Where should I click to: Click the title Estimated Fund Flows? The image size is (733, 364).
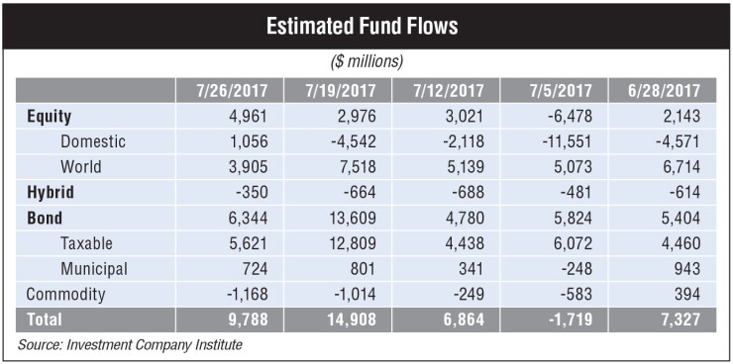[x=366, y=26]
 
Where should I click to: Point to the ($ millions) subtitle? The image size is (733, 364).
[x=366, y=61]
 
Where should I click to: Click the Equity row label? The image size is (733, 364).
[x=50, y=116]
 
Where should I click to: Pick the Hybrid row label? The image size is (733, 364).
[x=51, y=192]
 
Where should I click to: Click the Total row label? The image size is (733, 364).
[x=45, y=319]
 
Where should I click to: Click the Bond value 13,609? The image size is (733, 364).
[x=354, y=218]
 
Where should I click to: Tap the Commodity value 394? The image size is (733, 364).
[x=686, y=294]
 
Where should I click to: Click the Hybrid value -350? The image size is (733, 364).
[x=252, y=192]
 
